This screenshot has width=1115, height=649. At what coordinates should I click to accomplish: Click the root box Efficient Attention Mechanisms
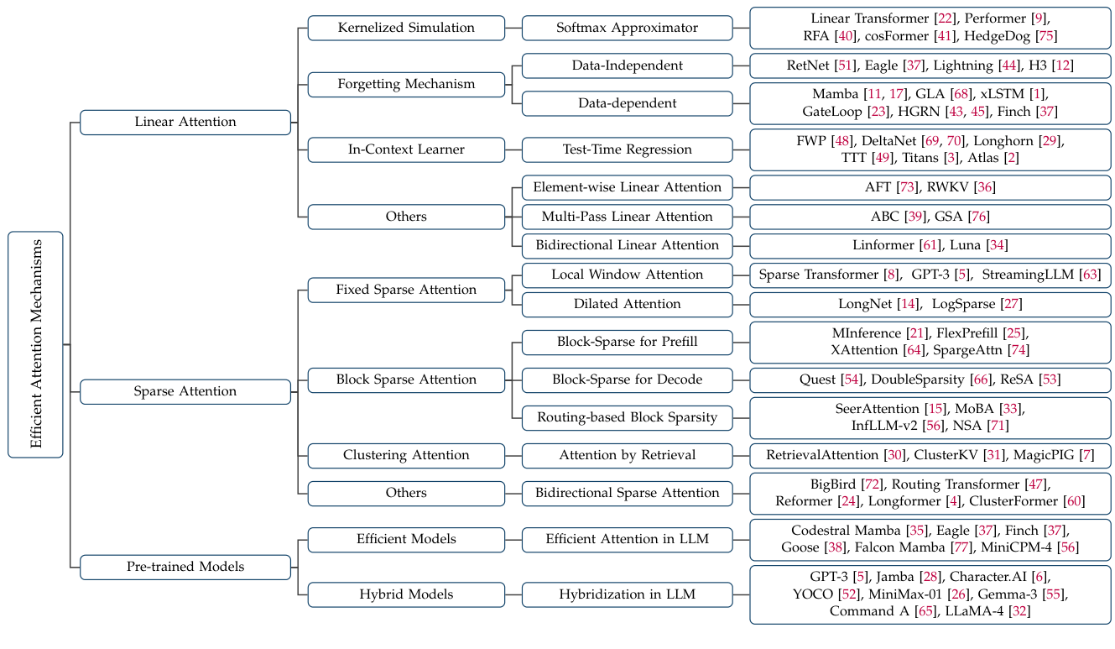[x=35, y=344]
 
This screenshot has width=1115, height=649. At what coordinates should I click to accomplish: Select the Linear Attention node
[x=185, y=122]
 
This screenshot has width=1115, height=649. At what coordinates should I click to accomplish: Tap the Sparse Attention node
[x=185, y=391]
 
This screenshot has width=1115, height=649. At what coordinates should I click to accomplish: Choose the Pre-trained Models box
[x=185, y=567]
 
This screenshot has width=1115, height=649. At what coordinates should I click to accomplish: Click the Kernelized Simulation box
[x=406, y=28]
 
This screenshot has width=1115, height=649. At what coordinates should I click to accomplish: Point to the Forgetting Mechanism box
[x=406, y=84]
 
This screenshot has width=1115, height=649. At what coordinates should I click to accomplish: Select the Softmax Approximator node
[x=627, y=28]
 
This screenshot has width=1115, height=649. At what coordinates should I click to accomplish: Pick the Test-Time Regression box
[x=627, y=149]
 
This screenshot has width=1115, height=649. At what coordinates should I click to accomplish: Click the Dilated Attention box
[x=627, y=304]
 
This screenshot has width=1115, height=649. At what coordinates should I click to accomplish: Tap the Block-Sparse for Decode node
[x=627, y=379]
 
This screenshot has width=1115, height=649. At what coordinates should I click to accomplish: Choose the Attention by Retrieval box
[x=627, y=455]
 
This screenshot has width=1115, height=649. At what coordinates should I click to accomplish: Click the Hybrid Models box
[x=406, y=594]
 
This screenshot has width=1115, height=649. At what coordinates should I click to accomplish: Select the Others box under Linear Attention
[x=406, y=217]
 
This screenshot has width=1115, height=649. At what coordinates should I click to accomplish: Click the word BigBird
[x=832, y=484]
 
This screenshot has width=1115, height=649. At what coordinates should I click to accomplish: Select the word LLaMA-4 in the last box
[x=973, y=611]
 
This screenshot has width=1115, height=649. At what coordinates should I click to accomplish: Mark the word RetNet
[x=809, y=65]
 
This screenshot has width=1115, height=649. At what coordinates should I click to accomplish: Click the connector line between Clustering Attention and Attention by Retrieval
[x=513, y=455]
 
